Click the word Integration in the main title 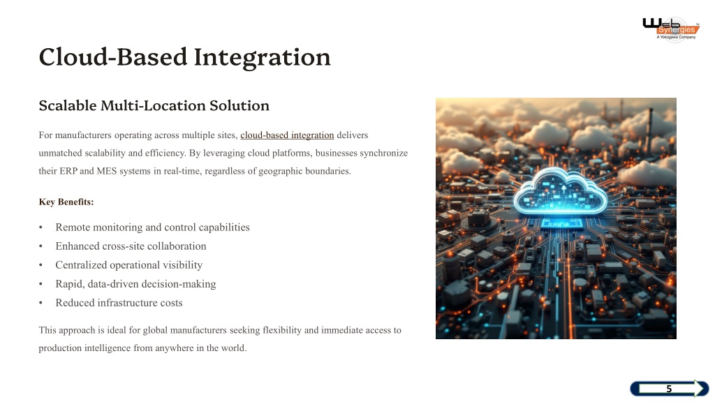[263, 58]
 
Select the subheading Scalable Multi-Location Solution [154, 105]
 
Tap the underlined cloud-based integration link [287, 135]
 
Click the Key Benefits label [66, 202]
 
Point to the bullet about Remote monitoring [152, 227]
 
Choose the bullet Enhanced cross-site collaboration [131, 246]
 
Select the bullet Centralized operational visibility [129, 265]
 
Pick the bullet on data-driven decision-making [136, 284]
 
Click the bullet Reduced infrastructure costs [119, 303]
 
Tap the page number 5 [669, 389]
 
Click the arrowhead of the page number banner [701, 388]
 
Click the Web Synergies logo [671, 29]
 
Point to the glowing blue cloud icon [561, 191]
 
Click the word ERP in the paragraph [68, 171]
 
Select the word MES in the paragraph [107, 171]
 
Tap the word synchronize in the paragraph [384, 153]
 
